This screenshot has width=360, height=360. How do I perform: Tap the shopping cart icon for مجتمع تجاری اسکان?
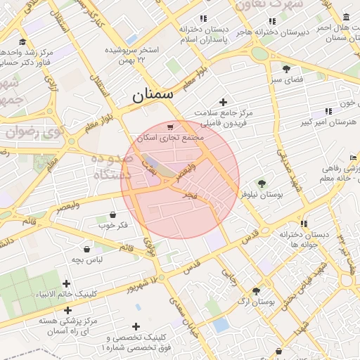pyautogui.click(x=171, y=127)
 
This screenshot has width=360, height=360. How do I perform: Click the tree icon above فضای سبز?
pyautogui.click(x=286, y=68)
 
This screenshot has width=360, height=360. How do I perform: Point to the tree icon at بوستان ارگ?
pyautogui.click(x=256, y=290)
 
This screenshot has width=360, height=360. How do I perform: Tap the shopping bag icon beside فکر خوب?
pyautogui.click(x=113, y=214)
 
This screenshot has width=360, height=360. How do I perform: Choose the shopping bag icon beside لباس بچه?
pyautogui.click(x=86, y=249)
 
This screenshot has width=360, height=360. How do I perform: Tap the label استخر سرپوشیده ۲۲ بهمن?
pyautogui.click(x=134, y=56)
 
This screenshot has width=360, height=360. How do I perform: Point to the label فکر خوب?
pyautogui.click(x=113, y=226)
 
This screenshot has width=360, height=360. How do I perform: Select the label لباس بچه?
pyautogui.click(x=86, y=260)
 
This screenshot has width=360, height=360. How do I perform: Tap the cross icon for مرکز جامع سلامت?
pyautogui.click(x=224, y=103)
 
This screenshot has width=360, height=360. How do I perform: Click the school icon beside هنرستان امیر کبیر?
pyautogui.click(x=328, y=111)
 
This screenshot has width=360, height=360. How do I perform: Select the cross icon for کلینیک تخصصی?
pyautogui.click(x=136, y=326)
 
